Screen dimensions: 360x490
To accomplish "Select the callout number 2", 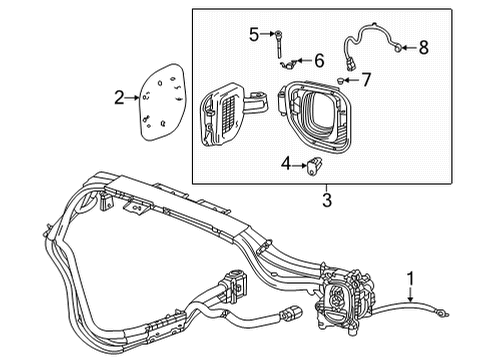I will click(119, 97).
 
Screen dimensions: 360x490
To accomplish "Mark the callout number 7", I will click(367, 78).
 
